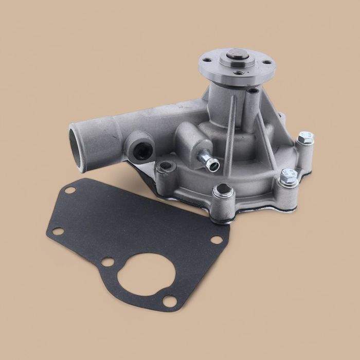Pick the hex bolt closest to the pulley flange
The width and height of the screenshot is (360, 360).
click(306, 138)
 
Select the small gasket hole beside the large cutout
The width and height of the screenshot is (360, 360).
click(107, 262)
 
